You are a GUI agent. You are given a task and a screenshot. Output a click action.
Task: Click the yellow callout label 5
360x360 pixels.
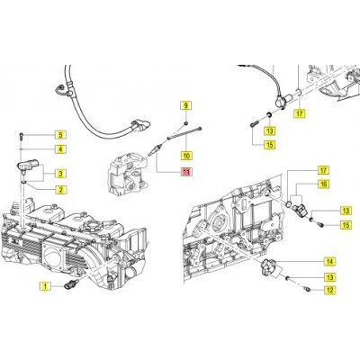(60, 135)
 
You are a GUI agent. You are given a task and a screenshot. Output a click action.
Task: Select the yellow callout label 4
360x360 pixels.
(60, 148)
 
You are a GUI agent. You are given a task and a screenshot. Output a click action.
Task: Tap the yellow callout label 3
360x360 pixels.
(60, 174)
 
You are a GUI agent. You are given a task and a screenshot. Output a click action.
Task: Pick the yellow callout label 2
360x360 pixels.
(60, 190)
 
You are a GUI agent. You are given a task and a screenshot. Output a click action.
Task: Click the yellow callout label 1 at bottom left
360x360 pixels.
(45, 286)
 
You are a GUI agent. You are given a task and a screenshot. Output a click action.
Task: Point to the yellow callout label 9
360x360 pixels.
(186, 105)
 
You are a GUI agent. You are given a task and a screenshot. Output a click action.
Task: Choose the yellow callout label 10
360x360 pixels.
(186, 156)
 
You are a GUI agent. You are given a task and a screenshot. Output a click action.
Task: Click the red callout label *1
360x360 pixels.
(186, 172)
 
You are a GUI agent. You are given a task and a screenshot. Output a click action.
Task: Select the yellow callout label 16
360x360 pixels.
(324, 184)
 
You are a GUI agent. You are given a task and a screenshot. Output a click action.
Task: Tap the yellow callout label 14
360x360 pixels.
(330, 262)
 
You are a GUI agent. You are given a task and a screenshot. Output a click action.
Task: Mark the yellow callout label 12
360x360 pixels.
(330, 290)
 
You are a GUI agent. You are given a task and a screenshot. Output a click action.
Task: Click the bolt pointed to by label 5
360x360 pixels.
(21, 136)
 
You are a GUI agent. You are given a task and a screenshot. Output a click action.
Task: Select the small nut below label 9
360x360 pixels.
(186, 123)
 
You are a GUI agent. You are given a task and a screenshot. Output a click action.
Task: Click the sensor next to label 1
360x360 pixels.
(72, 283)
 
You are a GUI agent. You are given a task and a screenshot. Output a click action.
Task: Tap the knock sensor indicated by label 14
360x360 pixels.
(270, 266)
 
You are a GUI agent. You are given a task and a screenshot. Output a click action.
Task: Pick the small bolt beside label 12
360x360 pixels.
(307, 289)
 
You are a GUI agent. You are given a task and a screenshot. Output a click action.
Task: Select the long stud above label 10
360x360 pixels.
(184, 133)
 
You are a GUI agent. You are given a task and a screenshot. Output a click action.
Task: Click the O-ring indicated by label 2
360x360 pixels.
(24, 182)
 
